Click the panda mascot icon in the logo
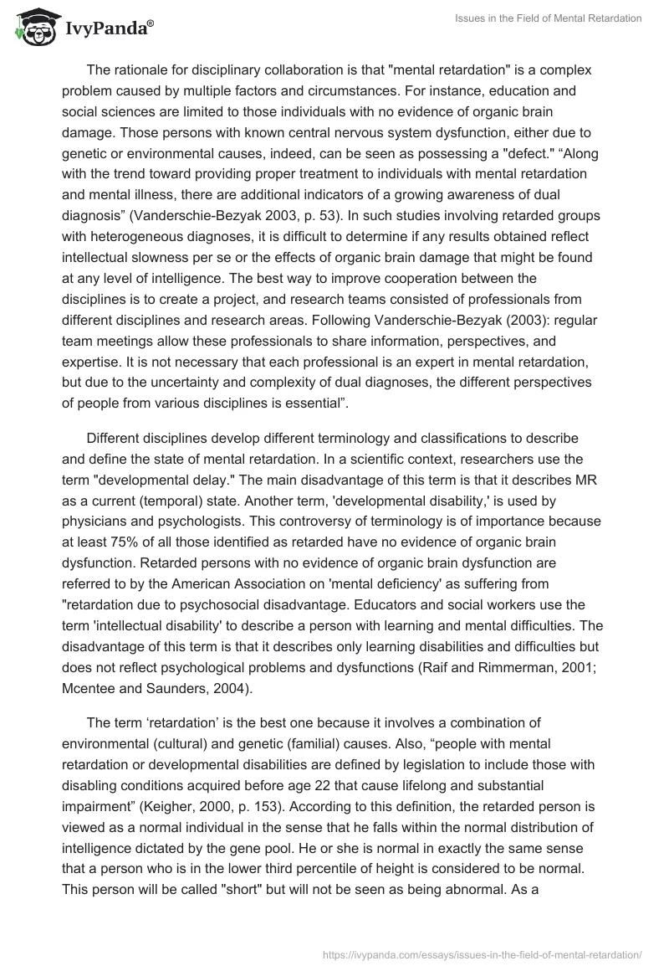click(33, 27)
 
